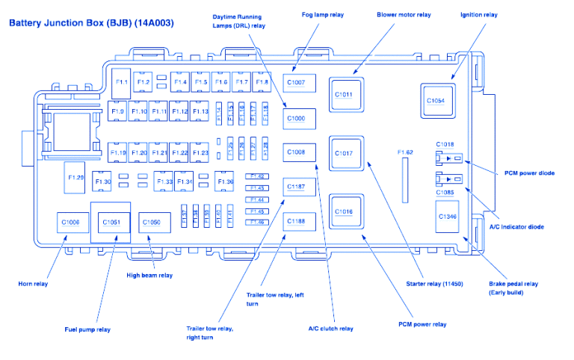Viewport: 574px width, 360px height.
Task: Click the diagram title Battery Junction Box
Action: click(x=91, y=23)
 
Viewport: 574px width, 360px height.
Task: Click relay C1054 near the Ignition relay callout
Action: click(x=436, y=101)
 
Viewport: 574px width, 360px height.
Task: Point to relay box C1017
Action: click(x=344, y=153)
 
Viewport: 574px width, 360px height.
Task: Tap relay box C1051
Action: click(x=111, y=222)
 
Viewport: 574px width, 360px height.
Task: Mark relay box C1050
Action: click(x=152, y=222)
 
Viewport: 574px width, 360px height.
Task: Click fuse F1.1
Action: click(x=122, y=81)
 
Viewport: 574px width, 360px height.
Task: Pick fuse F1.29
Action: click(x=76, y=177)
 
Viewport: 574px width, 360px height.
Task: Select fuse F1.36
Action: click(x=224, y=181)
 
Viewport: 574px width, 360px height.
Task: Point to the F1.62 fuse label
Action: click(x=406, y=152)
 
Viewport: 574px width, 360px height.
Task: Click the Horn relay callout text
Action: click(x=34, y=284)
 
